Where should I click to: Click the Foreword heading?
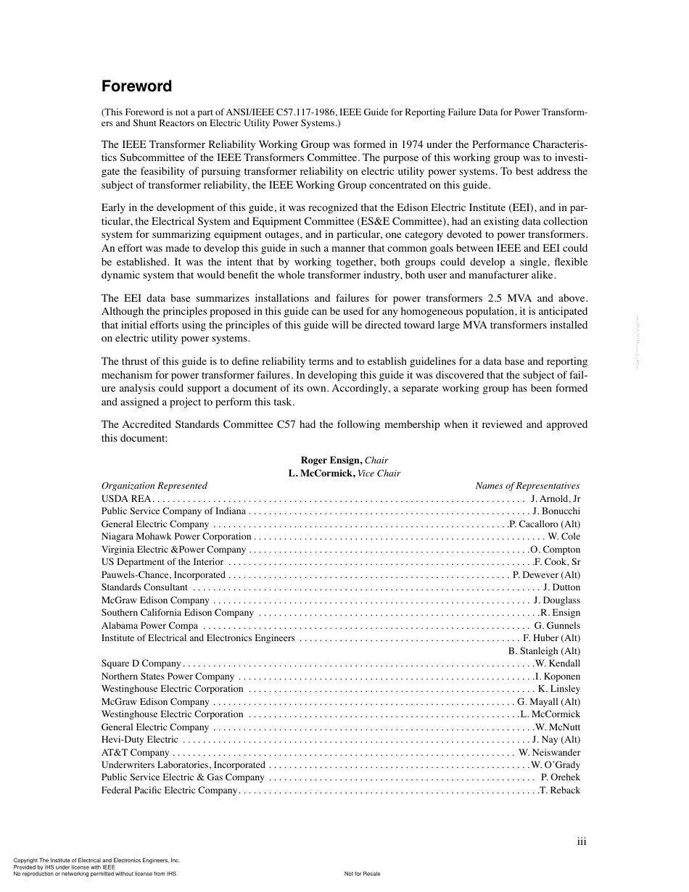[136, 86]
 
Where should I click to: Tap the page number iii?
[581, 841]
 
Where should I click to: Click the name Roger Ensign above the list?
[331, 461]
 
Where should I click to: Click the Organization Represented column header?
[154, 486]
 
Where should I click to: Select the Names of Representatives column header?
[527, 486]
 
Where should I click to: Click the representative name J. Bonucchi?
[556, 511]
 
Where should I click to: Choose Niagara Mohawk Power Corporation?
[176, 537]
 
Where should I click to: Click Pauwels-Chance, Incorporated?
[163, 574]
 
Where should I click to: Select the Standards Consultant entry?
[144, 587]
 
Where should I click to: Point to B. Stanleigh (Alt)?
[545, 651]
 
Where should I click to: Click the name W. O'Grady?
[556, 765]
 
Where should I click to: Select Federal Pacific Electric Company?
[169, 790]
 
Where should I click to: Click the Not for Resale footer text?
[362, 874]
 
